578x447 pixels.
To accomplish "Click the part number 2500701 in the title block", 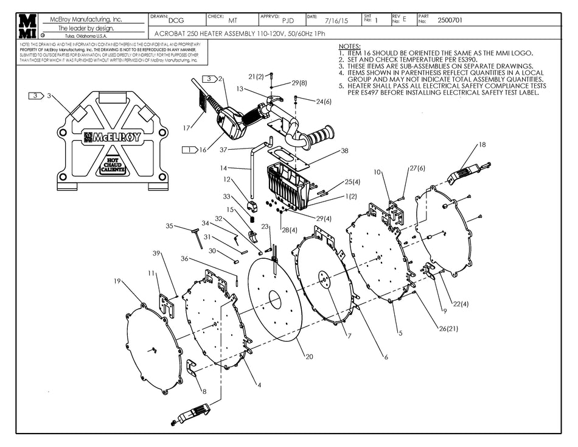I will [450, 20].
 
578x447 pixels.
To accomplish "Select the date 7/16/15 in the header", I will [336, 20].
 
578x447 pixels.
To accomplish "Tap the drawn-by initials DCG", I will [176, 20].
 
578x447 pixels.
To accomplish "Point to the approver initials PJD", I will [288, 20].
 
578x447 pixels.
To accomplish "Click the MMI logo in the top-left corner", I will [27, 27].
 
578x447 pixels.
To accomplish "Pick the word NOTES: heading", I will [349, 47].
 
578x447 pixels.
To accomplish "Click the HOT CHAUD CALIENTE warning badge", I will [111, 166].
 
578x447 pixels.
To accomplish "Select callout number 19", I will [117, 281].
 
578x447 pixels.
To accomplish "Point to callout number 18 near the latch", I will [482, 144].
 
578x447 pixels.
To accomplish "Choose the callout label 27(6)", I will [417, 168].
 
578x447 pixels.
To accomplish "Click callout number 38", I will [344, 150].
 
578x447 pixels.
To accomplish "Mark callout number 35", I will [170, 226].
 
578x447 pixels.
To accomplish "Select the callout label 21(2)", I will [256, 76].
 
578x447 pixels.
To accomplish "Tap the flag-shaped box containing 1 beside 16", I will [190, 149].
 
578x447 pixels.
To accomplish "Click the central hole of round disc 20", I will [274, 300].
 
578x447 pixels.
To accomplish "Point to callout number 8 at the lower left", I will [204, 392].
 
